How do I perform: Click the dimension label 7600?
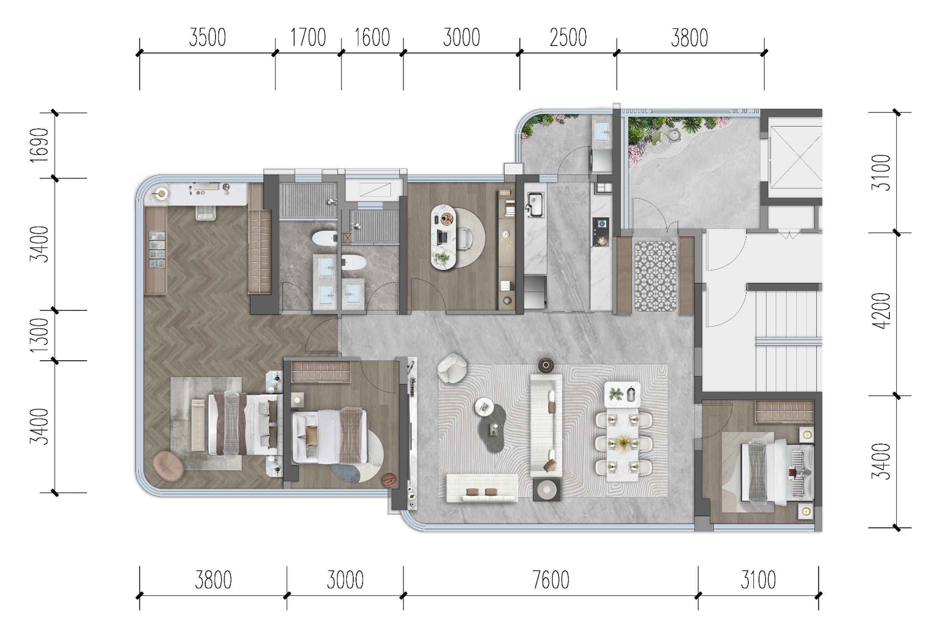pos(551,580)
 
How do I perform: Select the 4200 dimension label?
pos(880,311)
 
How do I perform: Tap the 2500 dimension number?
pos(568,38)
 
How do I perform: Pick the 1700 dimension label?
pos(308,38)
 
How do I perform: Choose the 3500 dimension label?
pos(207,38)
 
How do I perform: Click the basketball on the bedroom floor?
pos(389,480)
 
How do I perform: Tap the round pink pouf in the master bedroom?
pos(168,466)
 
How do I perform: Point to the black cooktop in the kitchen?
pos(600,232)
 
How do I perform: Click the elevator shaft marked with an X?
pos(795,157)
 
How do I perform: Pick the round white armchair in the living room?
pos(452,367)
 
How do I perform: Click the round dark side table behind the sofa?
pos(546,365)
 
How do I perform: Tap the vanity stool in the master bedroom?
pos(205,212)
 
